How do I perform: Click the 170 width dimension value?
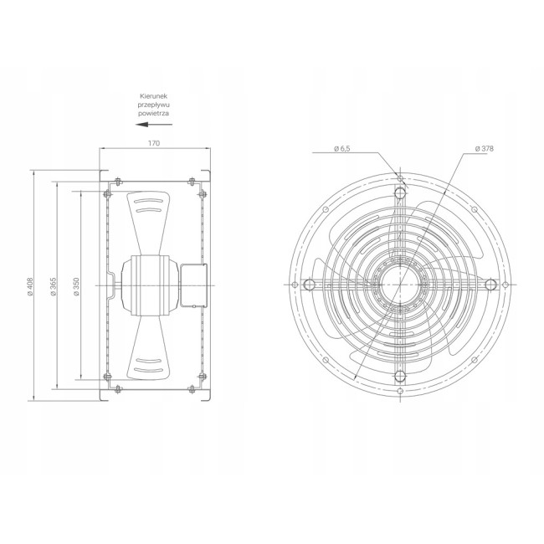tap(154, 143)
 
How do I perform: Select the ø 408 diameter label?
tap(30, 286)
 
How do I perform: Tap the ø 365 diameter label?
tap(53, 286)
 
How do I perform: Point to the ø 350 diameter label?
tap(76, 286)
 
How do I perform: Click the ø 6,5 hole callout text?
tap(342, 148)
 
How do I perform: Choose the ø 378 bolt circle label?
tap(484, 148)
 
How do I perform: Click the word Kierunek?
tap(154, 96)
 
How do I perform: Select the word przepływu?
tap(154, 105)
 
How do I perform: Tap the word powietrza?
tap(154, 113)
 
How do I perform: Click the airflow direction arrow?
tap(154, 124)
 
